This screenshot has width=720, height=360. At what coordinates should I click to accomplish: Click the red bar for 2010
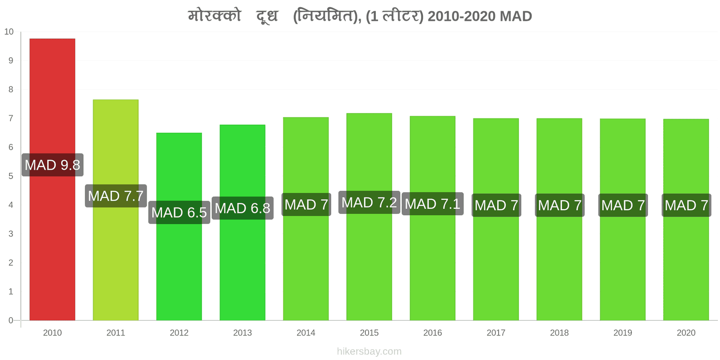pyautogui.click(x=52, y=180)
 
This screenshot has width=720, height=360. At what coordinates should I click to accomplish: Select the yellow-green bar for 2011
pyautogui.click(x=116, y=210)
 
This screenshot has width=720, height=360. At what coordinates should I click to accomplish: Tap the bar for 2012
pyautogui.click(x=179, y=227)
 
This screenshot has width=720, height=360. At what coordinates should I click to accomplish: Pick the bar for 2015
pyautogui.click(x=369, y=216)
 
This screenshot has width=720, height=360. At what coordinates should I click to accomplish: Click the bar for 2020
pyautogui.click(x=686, y=220)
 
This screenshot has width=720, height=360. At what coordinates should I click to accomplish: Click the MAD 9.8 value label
pyautogui.click(x=52, y=165)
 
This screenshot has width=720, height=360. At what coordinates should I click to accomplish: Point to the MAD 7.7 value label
pyautogui.click(x=116, y=196)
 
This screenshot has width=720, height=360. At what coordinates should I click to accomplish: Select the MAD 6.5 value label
pyautogui.click(x=179, y=212)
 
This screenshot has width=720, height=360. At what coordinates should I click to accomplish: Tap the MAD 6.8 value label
pyautogui.click(x=243, y=208)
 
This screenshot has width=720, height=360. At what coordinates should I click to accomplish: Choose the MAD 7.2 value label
pyautogui.click(x=369, y=202)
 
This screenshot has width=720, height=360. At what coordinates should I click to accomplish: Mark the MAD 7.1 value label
pyautogui.click(x=432, y=204)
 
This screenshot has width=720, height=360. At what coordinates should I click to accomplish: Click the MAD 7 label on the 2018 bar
pyautogui.click(x=560, y=205)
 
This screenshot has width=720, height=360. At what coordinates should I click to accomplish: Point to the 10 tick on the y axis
pyautogui.click(x=9, y=32)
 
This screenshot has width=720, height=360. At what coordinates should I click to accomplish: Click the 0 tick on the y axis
pyautogui.click(x=11, y=320)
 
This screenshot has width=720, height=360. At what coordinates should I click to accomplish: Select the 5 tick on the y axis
pyautogui.click(x=11, y=176)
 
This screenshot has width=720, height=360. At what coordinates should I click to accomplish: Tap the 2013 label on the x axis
pyautogui.click(x=243, y=333)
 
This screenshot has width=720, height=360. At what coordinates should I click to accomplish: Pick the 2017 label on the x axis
pyautogui.click(x=496, y=333)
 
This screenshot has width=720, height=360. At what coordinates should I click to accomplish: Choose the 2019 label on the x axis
pyautogui.click(x=623, y=333)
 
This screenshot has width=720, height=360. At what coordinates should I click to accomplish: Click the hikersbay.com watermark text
pyautogui.click(x=369, y=351)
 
